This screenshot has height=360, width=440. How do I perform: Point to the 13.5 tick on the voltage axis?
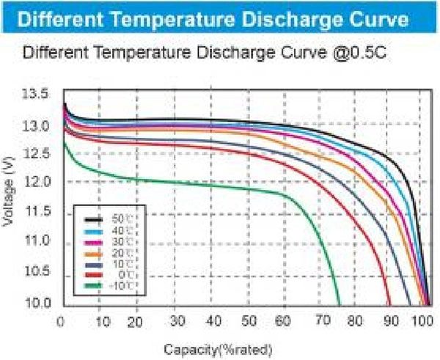pyautogui.click(x=36, y=95)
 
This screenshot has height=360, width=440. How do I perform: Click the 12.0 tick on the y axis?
pyautogui.click(x=36, y=181)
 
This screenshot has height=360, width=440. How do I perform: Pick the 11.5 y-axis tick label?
pyautogui.click(x=36, y=212)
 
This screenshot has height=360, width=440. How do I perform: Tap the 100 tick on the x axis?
pyautogui.click(x=423, y=321)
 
